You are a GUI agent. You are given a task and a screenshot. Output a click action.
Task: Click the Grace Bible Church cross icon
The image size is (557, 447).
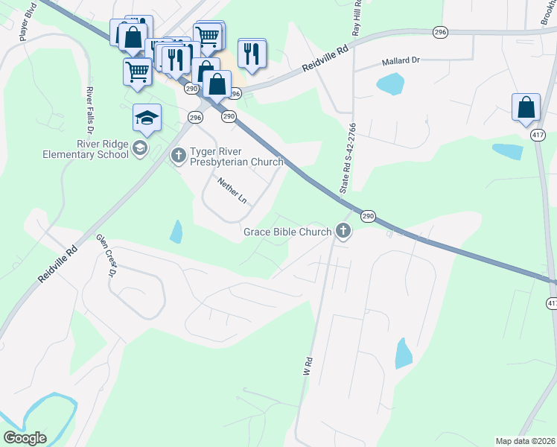(343, 231)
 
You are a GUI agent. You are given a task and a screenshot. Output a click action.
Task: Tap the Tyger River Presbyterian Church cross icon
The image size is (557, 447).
(178, 155)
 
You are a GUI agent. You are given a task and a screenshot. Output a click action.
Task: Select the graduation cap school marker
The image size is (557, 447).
(147, 118)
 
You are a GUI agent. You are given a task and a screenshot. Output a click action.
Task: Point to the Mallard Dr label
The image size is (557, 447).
(401, 62)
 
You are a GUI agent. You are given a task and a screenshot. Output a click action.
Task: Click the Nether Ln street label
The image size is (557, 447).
(232, 191)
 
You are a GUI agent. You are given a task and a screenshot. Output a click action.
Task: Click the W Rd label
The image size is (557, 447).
(305, 365)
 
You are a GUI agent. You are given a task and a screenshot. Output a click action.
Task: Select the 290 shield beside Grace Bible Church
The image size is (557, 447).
(368, 215)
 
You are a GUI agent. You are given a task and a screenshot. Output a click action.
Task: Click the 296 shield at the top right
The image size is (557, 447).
(440, 32)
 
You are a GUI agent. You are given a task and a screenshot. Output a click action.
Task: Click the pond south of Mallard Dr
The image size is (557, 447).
(389, 84)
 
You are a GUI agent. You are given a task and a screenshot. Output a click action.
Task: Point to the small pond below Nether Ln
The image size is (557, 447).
(176, 232)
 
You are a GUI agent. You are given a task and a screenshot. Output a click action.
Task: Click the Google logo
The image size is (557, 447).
(25, 438)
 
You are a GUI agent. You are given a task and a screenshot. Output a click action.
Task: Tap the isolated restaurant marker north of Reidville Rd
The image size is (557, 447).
(252, 53)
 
